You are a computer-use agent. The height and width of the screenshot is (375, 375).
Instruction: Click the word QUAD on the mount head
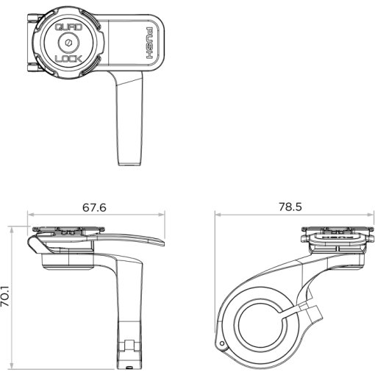68,26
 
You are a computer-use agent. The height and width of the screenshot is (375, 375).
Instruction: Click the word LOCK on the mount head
68,59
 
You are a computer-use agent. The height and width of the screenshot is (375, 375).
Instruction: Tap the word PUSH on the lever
149,43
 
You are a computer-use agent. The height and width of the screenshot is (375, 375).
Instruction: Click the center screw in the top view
68,43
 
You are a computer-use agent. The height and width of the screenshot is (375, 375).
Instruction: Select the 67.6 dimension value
94,207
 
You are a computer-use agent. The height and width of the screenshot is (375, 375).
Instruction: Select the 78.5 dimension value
290,207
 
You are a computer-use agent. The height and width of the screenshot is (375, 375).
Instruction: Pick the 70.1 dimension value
5,296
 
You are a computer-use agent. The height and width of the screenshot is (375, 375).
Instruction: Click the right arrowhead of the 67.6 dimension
162,215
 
